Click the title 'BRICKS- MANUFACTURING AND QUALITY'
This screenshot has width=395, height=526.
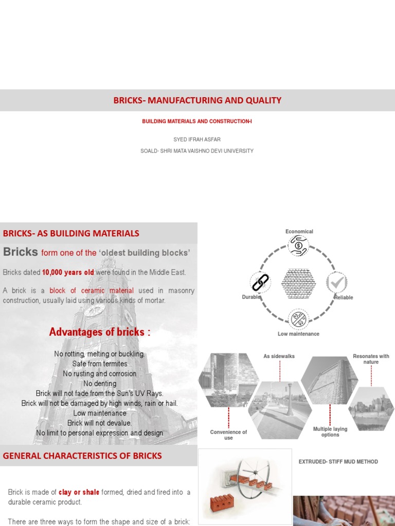point(197,101)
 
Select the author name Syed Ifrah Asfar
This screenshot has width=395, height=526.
point(197,139)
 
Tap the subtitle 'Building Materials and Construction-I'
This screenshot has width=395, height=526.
point(197,121)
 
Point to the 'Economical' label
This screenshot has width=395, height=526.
point(299,232)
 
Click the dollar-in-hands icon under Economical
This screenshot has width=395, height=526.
point(298,246)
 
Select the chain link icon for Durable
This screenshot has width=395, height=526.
point(260,283)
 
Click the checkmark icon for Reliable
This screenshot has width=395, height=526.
point(337,283)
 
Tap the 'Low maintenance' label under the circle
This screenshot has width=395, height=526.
point(298,334)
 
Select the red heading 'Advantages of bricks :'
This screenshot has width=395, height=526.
point(100,332)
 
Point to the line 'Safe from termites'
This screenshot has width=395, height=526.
point(100,364)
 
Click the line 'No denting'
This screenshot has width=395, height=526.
point(100,384)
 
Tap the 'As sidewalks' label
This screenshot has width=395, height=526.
point(279,356)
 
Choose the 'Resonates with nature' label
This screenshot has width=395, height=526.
point(371,359)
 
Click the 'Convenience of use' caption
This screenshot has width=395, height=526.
point(228,435)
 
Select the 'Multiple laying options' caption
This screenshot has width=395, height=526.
point(330,432)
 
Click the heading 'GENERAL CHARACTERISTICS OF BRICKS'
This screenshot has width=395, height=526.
point(82,456)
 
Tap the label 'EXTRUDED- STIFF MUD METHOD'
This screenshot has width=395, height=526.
point(338,462)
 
